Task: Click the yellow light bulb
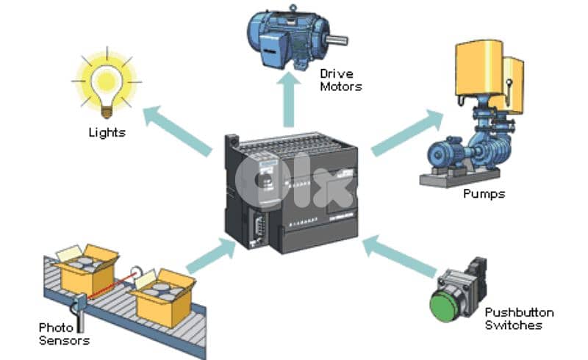[106, 79]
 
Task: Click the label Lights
[107, 133]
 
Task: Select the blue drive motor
[286, 37]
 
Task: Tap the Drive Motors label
[341, 80]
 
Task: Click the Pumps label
[484, 194]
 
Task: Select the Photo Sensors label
[65, 334]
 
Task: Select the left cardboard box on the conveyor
[87, 268]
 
